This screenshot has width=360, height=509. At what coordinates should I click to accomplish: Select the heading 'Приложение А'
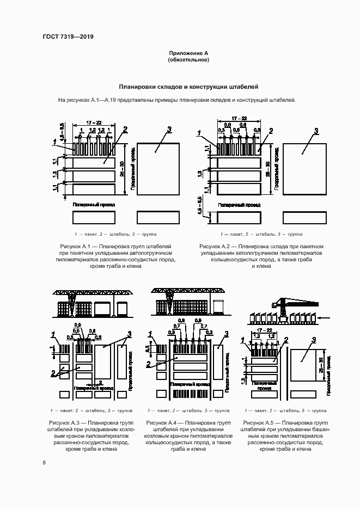[x=188, y=53]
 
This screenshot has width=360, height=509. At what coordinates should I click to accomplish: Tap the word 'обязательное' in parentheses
[x=188, y=60]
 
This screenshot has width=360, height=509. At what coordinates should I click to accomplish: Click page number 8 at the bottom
[x=44, y=463]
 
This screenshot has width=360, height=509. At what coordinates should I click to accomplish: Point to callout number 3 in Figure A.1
[x=169, y=129]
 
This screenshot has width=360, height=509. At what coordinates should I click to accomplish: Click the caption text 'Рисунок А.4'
[x=162, y=422]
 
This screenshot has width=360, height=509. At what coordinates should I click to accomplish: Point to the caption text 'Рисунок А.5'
[x=259, y=422]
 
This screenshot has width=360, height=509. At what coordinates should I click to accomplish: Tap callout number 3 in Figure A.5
[x=313, y=340]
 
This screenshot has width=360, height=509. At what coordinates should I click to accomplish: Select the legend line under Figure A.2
[x=261, y=234]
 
